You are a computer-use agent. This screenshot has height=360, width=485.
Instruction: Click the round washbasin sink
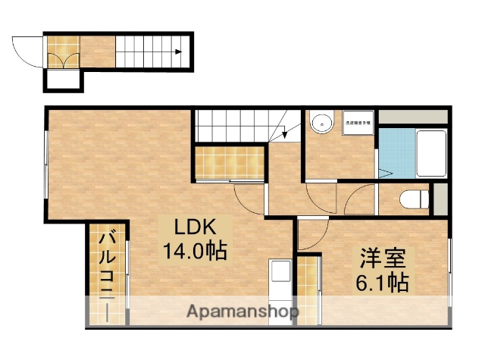(x=322, y=122)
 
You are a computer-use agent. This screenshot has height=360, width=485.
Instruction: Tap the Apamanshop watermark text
(x=242, y=311)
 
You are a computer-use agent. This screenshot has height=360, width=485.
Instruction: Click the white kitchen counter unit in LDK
(x=280, y=283)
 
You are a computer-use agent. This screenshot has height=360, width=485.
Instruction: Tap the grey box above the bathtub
(x=415, y=118)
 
